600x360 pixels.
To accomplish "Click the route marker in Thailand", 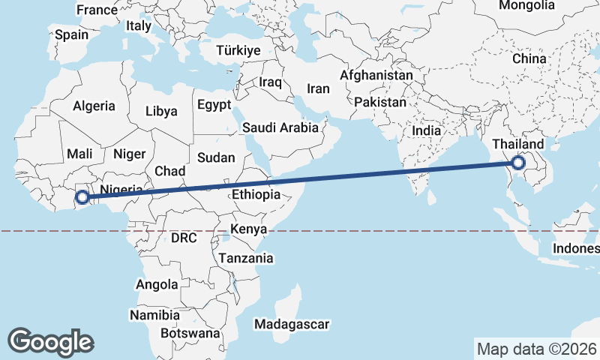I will click(518, 163).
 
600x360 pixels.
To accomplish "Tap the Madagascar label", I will click(292, 324).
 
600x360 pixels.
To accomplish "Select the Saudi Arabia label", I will click(280, 128).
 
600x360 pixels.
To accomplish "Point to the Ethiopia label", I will click(256, 194).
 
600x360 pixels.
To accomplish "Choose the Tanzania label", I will click(245, 258).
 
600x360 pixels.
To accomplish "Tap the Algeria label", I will click(94, 106).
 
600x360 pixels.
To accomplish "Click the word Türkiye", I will click(237, 51).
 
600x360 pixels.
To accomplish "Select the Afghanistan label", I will click(376, 76).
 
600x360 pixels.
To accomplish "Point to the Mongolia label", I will click(526, 6).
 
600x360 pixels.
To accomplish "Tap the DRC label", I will click(183, 238).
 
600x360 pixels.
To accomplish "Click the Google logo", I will click(50, 341).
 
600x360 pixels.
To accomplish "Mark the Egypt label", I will click(215, 106).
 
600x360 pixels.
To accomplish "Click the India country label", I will click(426, 130).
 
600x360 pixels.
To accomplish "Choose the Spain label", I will click(71, 34).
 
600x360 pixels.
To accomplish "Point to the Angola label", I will click(157, 285).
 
